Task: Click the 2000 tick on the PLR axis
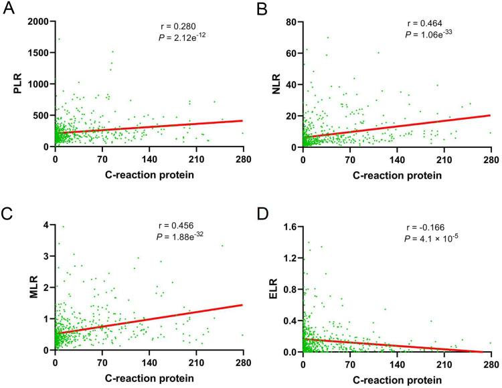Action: pos(37,21)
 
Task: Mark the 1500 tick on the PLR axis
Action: pos(37,53)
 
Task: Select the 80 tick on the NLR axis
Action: pos(290,21)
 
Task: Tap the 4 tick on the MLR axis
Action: pos(46,225)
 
